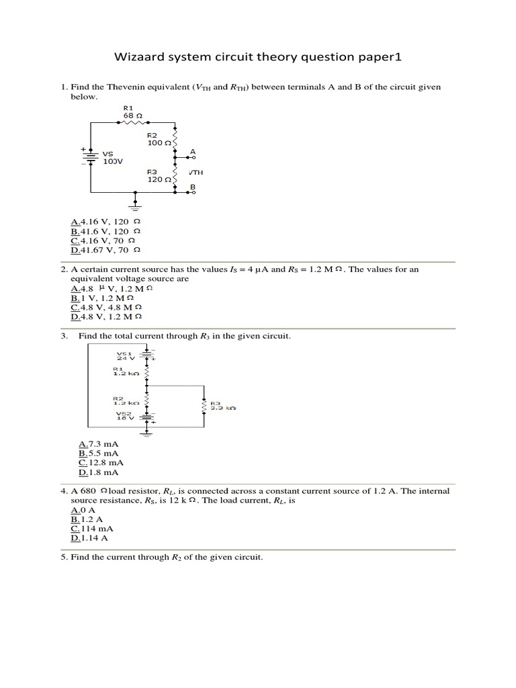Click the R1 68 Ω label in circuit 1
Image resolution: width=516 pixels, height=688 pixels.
129,112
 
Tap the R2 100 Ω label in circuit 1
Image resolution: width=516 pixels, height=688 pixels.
157,139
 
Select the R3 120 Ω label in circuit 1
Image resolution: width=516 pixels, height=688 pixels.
157,176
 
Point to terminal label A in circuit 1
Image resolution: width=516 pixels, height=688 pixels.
193,151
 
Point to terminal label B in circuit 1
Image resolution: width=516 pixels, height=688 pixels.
193,186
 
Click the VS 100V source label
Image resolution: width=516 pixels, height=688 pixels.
112,158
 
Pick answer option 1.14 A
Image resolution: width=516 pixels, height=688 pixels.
93,538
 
